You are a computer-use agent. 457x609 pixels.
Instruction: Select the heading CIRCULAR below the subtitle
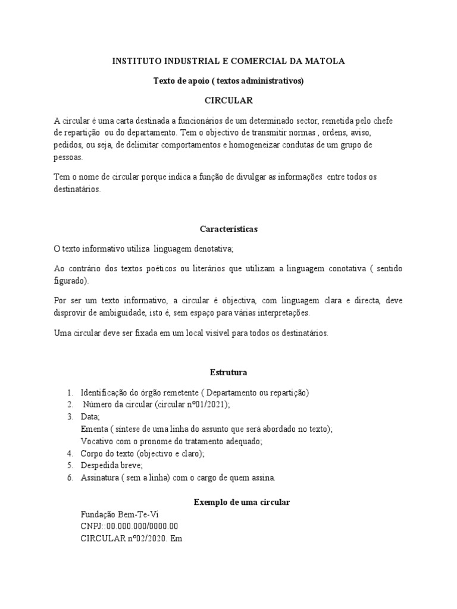coord(228,101)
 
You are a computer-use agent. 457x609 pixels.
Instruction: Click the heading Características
coord(228,229)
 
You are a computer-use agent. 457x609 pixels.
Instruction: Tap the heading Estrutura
coord(228,373)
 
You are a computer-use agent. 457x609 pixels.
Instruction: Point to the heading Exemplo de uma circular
coord(242,503)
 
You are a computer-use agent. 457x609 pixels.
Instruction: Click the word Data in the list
coord(90,417)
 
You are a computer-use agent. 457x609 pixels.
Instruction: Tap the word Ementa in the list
coord(94,429)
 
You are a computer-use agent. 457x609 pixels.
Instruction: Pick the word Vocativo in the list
coord(97,441)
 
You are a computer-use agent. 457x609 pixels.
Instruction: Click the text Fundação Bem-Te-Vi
coord(120,514)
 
